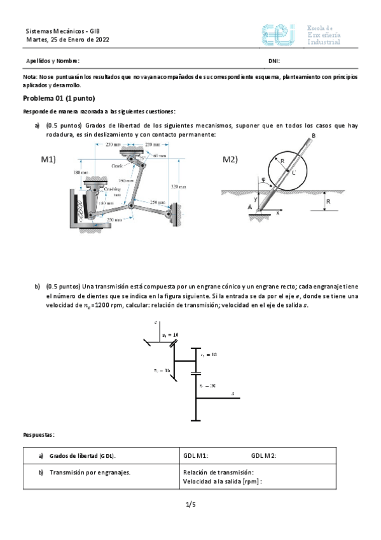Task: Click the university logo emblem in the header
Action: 278,35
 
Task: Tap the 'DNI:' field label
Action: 274,61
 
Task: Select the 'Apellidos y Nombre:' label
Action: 53,61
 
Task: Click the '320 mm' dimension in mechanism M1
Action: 179,187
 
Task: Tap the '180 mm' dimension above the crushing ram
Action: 80,173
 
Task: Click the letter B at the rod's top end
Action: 314,136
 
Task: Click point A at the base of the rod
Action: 249,207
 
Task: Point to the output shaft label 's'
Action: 233,394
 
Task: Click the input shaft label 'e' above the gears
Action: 156,323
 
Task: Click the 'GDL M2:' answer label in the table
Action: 263,456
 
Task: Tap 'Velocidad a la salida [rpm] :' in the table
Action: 223,482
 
